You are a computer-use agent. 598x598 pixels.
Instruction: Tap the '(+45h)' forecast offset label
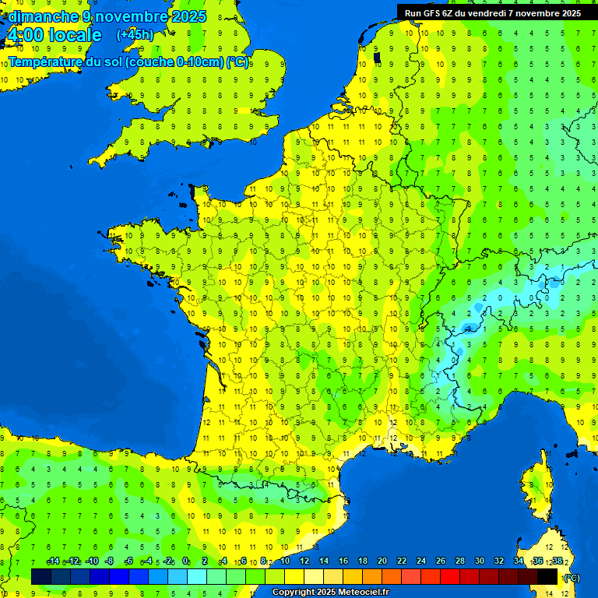click(135, 35)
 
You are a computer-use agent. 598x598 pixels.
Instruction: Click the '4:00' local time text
click(24, 36)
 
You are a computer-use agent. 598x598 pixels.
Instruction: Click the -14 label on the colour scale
click(53, 561)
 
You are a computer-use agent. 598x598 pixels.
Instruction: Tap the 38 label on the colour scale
click(557, 561)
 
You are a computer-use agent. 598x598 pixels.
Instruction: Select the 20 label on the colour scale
click(382, 561)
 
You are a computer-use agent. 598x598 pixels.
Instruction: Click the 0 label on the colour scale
click(185, 561)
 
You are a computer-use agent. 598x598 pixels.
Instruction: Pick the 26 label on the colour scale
click(441, 561)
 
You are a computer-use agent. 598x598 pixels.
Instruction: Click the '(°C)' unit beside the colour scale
click(572, 577)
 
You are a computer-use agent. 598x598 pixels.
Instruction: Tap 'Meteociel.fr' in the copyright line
click(364, 593)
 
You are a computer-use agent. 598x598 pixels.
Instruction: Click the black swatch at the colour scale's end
click(548, 577)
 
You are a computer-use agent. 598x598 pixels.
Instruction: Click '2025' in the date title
click(190, 16)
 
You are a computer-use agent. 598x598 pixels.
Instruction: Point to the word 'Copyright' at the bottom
click(294, 593)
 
